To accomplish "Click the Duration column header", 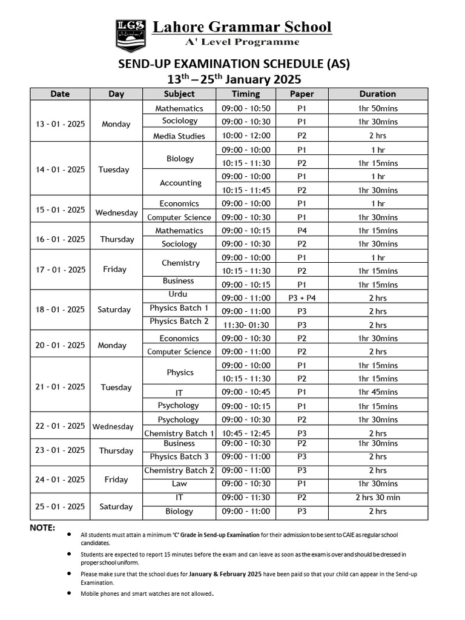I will [377, 94].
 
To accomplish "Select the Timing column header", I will [245, 94].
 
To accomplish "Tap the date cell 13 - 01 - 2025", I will [61, 124].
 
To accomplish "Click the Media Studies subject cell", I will [179, 136].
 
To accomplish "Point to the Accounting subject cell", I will [180, 183].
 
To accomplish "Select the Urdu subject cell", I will [179, 295].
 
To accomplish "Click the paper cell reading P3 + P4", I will [302, 298].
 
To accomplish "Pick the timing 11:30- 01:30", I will [245, 325].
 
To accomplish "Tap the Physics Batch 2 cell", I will [179, 322].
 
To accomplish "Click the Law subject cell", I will [179, 484].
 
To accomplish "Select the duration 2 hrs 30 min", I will [377, 498].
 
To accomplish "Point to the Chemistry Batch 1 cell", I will [179, 434].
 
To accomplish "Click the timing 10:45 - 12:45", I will [245, 434].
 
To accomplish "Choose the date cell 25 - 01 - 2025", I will [61, 507].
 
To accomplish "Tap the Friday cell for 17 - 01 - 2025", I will [115, 270].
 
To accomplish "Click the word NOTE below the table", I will [42, 528].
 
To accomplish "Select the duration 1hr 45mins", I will [377, 392].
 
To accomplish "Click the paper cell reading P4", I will [302, 231].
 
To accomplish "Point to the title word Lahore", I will [179, 27].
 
